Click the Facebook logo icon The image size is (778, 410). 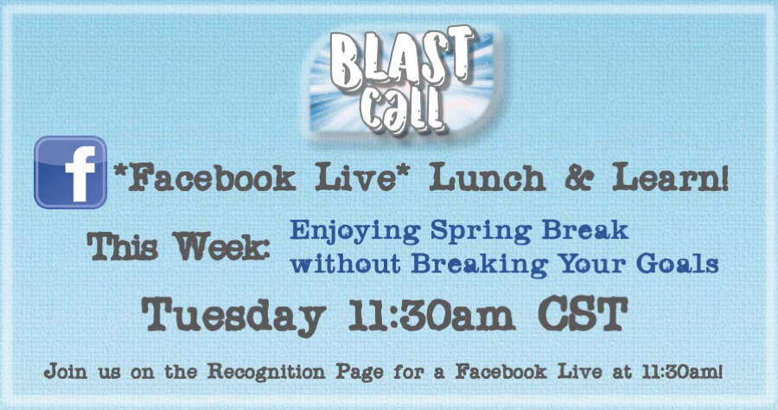(71, 172)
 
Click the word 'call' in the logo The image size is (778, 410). (402, 111)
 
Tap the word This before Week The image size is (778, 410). (123, 247)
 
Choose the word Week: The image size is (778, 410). (221, 247)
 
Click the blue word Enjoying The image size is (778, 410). (355, 232)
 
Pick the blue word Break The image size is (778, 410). (585, 230)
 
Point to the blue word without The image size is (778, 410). (345, 263)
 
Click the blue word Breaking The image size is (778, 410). (479, 265)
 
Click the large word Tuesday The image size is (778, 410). (233, 315)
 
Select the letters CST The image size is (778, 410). (583, 314)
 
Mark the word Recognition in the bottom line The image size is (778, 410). (266, 371)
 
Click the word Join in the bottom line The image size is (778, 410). (66, 371)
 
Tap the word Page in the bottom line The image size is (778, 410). (360, 372)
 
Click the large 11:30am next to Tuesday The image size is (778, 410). (431, 314)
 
